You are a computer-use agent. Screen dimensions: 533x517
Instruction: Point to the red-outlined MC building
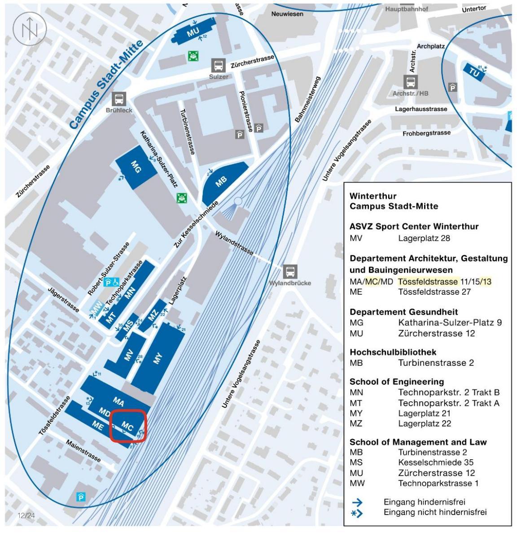click(127, 426)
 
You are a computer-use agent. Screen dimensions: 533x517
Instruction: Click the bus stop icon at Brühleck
click(119, 99)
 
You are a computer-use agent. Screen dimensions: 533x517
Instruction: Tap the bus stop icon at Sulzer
click(219, 66)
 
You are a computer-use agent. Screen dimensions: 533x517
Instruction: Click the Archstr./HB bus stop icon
click(410, 82)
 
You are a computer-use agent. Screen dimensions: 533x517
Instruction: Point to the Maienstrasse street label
click(83, 450)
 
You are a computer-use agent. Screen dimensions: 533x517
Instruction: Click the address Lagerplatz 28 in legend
click(424, 238)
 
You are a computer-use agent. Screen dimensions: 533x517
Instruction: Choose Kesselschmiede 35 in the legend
click(436, 462)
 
